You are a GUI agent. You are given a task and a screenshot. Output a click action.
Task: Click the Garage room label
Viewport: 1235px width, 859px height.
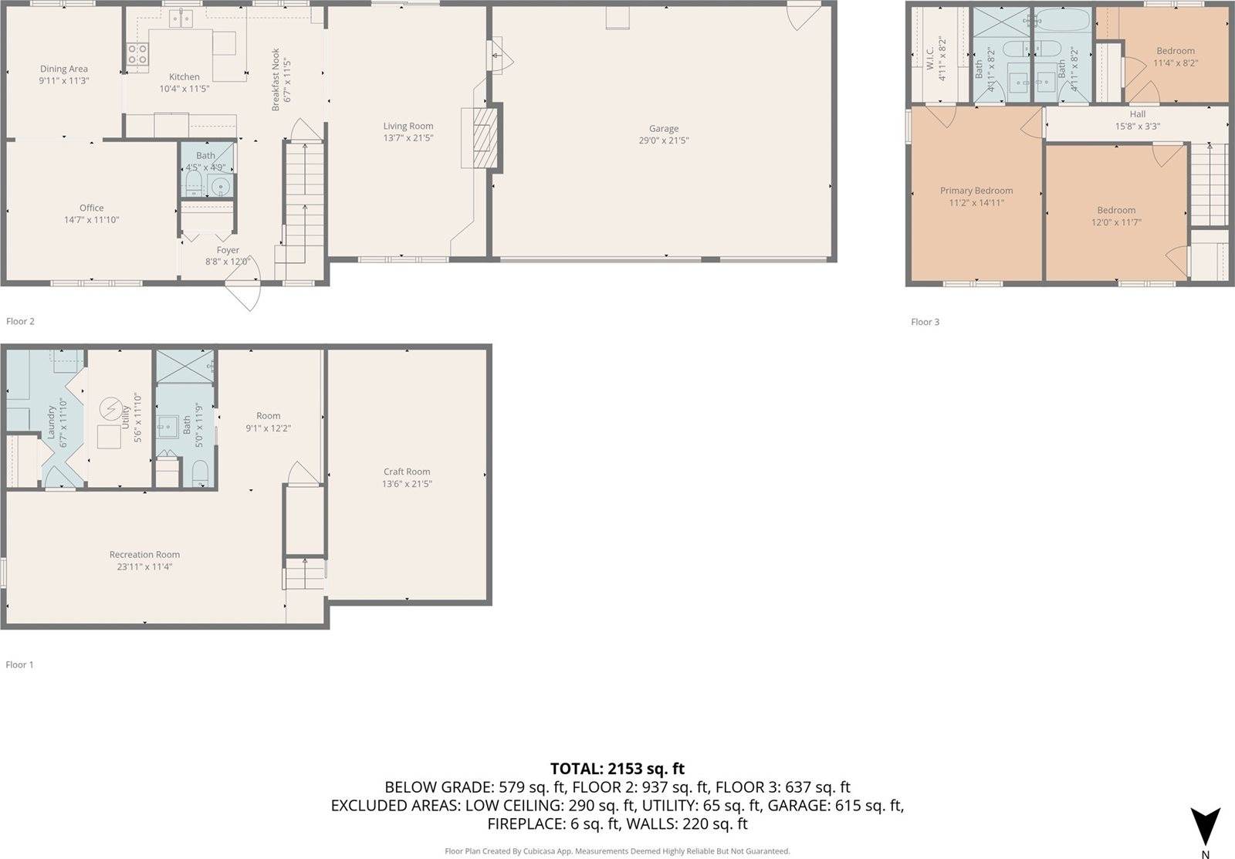(663, 129)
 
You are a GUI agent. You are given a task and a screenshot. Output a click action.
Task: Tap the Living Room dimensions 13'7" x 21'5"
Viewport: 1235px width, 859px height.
(408, 138)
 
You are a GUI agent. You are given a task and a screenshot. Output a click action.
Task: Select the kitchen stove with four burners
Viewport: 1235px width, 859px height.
(137, 54)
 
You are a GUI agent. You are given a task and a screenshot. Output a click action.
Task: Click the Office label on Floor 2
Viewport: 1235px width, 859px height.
(91, 208)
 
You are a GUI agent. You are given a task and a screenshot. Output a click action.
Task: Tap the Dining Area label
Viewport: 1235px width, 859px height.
(64, 69)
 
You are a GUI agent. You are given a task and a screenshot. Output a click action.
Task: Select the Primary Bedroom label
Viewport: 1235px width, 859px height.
(976, 191)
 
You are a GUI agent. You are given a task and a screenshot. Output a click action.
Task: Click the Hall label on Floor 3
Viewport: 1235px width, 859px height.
(1137, 114)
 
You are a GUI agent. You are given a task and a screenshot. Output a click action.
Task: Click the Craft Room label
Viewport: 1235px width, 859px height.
(407, 472)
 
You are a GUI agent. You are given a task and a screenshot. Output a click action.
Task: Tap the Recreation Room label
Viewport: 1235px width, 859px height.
(144, 554)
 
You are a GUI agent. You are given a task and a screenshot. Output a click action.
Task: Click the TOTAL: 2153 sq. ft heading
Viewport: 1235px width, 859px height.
(617, 769)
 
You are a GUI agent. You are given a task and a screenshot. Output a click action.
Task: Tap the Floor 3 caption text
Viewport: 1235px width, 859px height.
(925, 322)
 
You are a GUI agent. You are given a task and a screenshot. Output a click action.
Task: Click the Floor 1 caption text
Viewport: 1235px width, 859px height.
(20, 665)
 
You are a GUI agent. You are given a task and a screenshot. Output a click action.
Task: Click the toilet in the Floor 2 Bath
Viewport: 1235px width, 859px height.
(194, 184)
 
